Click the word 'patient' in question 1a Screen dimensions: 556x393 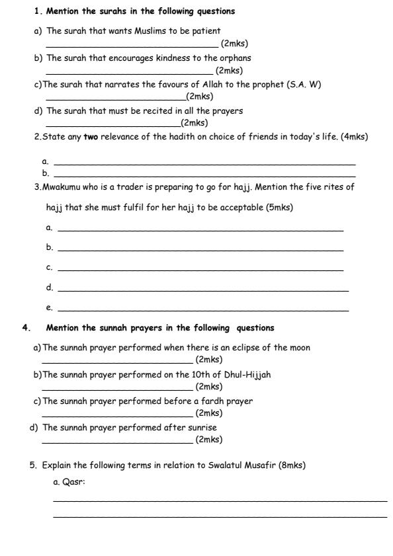click(x=205, y=31)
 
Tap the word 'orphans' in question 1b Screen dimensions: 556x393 click(x=235, y=58)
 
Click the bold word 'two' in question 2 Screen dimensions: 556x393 click(x=91, y=137)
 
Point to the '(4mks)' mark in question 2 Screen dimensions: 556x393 click(x=354, y=137)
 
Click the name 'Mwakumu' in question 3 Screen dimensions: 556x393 click(x=61, y=187)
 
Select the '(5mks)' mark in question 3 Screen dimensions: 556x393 click(x=279, y=208)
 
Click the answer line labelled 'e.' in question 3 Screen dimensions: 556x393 click(x=203, y=309)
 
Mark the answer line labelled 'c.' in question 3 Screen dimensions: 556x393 click(x=200, y=270)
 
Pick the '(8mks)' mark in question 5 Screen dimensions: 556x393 click(x=291, y=465)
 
